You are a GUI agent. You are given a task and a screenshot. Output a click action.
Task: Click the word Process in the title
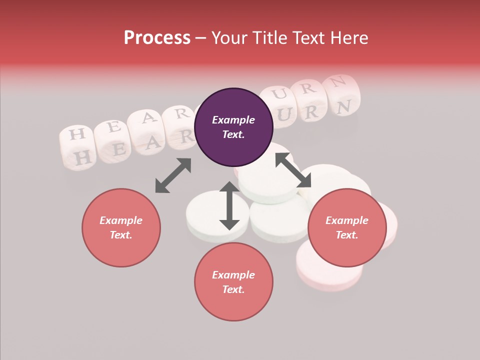pos(157,38)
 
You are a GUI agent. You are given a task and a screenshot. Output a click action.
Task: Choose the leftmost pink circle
pos(121,227)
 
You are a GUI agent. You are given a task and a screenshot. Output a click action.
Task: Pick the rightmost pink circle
pos(347,227)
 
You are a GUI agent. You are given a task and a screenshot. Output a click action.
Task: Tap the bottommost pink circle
pos(233,282)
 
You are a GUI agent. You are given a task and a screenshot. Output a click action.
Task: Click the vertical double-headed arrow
pos(229,206)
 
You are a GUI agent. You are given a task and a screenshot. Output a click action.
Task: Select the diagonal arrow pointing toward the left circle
pos(173,175)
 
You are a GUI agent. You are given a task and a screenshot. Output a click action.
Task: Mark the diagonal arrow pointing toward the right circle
pos(293,170)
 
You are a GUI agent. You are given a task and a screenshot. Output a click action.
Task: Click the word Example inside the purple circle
pos(233,120)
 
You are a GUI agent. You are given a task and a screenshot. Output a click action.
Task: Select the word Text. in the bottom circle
pos(233,289)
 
